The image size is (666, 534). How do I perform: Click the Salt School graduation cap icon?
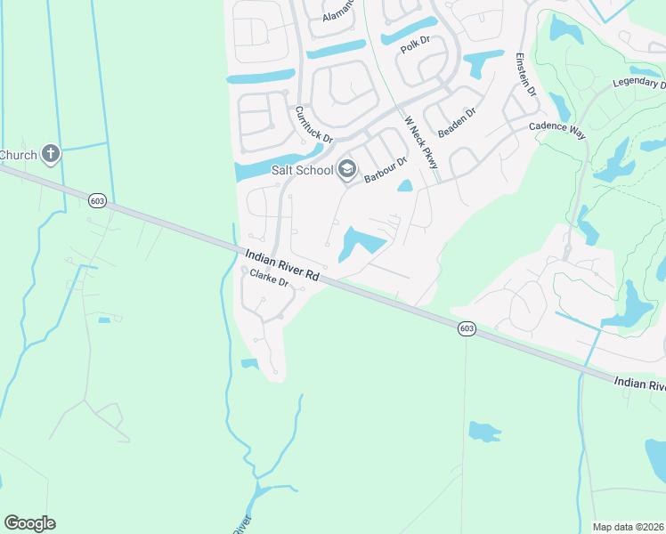[x=347, y=169]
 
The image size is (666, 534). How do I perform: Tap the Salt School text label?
[x=303, y=170]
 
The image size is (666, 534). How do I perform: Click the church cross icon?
[x=51, y=155]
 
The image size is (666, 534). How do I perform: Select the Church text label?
[x=18, y=155]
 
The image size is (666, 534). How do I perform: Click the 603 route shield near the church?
[x=98, y=202]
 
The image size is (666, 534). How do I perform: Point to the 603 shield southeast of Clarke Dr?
[x=467, y=329]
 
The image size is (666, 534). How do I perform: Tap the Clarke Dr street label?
[x=270, y=279]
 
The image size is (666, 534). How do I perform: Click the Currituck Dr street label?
[x=313, y=125]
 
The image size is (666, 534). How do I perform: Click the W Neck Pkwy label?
[x=421, y=142]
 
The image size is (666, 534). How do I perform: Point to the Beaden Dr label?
[x=458, y=123]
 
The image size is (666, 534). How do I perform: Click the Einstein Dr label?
[x=525, y=75]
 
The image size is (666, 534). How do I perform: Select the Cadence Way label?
[x=557, y=127]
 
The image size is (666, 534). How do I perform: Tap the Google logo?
[x=29, y=523]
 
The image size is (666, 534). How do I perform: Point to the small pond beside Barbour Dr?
[x=404, y=186]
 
